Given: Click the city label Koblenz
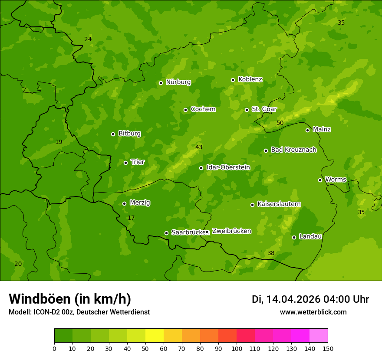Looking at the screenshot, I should pyautogui.click(x=250, y=79).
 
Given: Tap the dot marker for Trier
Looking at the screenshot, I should pyautogui.click(x=126, y=163).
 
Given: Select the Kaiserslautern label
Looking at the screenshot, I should pyautogui.click(x=279, y=204).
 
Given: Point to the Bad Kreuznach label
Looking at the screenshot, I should pyautogui.click(x=293, y=150).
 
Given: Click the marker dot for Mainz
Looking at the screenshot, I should pyautogui.click(x=307, y=130).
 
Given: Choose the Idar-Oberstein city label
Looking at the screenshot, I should pyautogui.click(x=228, y=167).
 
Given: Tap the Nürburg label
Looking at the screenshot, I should pyautogui.click(x=178, y=82).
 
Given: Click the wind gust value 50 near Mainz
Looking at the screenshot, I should pyautogui.click(x=280, y=123).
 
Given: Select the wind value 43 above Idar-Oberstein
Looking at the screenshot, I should pyautogui.click(x=199, y=147).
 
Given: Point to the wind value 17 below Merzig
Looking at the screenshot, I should pyautogui.click(x=131, y=218).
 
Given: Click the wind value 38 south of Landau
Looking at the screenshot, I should pyautogui.click(x=271, y=253).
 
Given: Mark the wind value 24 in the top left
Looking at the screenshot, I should pyautogui.click(x=88, y=39).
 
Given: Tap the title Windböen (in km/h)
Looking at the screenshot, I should pyautogui.click(x=70, y=299).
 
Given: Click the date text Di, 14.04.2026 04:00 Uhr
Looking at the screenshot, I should pyautogui.click(x=310, y=299).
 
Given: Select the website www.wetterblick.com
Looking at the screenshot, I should pyautogui.click(x=313, y=312).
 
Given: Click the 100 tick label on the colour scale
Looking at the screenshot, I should pyautogui.click(x=237, y=348).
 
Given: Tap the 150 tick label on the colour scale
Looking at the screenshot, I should pyautogui.click(x=328, y=348).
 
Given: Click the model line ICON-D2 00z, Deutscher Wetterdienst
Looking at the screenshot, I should pyautogui.click(x=79, y=312).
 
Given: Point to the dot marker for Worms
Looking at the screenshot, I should pyautogui.click(x=320, y=180).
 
